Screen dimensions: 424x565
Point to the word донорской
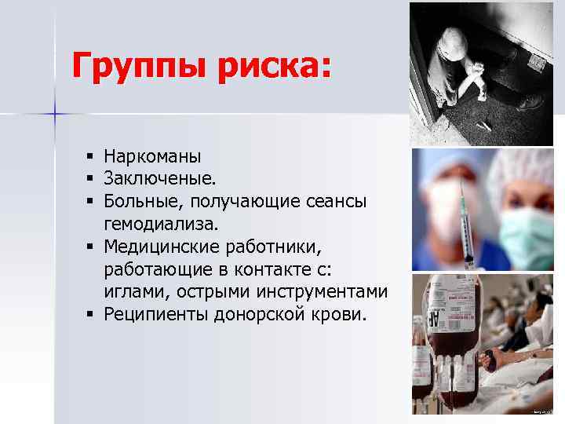click(x=262, y=315)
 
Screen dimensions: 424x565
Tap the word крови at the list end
click(x=341, y=315)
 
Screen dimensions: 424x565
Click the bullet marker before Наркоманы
click(x=92, y=156)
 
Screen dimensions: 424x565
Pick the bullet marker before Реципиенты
click(x=92, y=316)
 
